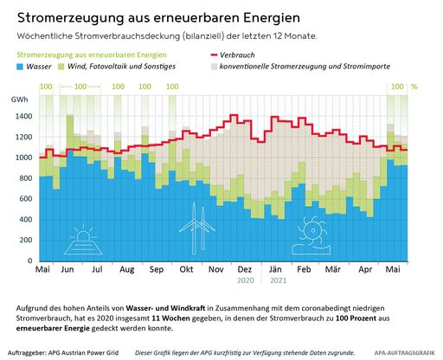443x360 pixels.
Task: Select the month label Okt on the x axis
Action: pos(185,270)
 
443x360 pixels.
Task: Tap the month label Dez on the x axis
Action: pos(244,270)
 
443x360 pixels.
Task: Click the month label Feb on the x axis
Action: pos(305,270)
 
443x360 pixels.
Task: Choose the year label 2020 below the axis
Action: pos(244,282)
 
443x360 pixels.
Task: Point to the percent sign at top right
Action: pos(414,87)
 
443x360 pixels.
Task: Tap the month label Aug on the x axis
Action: pos(126,270)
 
